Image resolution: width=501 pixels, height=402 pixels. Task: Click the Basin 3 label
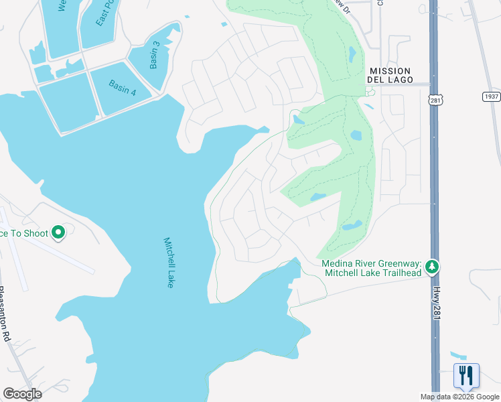[x=155, y=55]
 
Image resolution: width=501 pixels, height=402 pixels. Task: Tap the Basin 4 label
[x=122, y=88]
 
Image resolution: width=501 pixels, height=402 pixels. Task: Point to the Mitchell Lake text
[x=168, y=263]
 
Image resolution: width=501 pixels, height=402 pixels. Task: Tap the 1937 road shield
[x=491, y=96]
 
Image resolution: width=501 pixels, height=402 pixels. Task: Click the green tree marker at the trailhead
[x=433, y=267]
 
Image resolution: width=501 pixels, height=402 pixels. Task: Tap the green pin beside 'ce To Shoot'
[x=58, y=232]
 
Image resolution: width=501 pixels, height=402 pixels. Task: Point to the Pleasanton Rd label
[x=5, y=316]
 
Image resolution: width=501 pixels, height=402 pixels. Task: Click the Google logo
[x=22, y=394]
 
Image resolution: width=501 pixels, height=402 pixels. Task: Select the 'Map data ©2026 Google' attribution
[x=459, y=397]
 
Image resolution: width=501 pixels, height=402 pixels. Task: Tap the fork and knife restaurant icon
[x=466, y=376]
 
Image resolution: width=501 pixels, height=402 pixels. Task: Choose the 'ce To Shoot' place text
[x=24, y=233]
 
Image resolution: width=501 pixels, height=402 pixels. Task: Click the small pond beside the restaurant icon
[x=457, y=355]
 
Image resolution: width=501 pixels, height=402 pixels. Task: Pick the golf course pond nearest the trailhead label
[x=352, y=226]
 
